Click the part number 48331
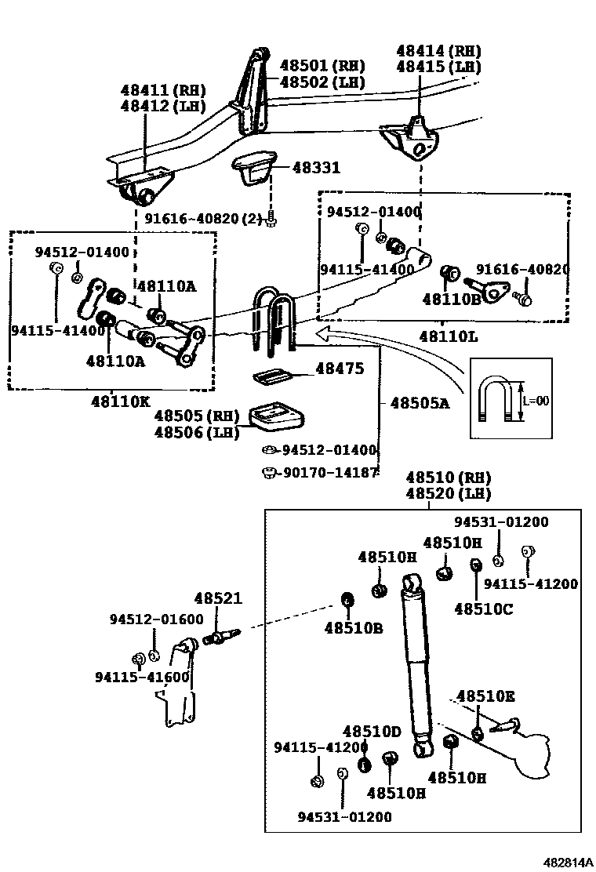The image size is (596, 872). (316, 167)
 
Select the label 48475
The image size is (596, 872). (340, 368)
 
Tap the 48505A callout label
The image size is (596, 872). (420, 402)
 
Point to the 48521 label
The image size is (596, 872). (218, 598)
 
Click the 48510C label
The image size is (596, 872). (484, 609)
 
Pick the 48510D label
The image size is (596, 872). (372, 732)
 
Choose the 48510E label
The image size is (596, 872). (485, 696)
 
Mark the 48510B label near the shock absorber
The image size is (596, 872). (354, 628)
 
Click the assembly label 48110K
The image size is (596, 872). (121, 401)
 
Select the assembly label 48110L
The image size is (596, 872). (448, 336)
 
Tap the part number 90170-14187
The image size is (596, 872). (330, 473)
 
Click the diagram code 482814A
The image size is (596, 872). (569, 863)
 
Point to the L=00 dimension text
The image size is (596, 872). (536, 401)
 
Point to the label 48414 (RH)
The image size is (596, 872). (438, 51)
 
